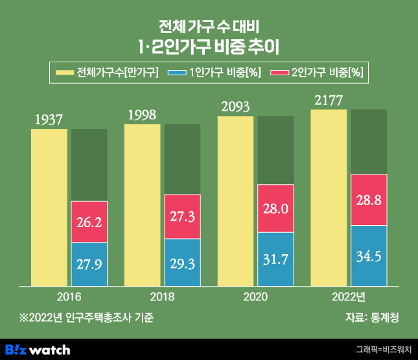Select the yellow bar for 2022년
click(x=329, y=198)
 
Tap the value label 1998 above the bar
click(x=143, y=115)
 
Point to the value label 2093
click(x=236, y=107)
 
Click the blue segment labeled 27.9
click(x=89, y=264)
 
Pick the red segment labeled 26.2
click(x=89, y=222)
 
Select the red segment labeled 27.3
click(x=182, y=217)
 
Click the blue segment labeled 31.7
click(x=275, y=259)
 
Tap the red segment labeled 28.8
click(x=369, y=200)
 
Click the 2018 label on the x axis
click(x=163, y=296)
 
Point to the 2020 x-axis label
click(x=256, y=296)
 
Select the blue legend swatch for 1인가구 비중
click(x=177, y=72)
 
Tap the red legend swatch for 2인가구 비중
click(x=279, y=72)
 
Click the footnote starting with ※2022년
click(x=87, y=318)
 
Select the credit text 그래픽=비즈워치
click(x=384, y=350)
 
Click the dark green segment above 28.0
click(x=275, y=150)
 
